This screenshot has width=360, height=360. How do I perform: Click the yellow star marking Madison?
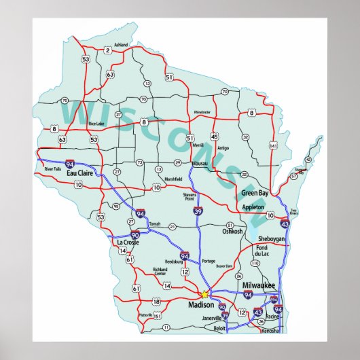(x=204, y=294)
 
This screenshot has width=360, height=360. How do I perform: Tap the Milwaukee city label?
(x=261, y=285)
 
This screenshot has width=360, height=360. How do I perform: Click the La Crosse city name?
(x=127, y=242)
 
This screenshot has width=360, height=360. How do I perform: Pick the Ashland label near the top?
(x=121, y=45)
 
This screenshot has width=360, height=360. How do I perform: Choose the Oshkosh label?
(x=232, y=232)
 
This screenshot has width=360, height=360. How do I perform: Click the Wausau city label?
(x=200, y=164)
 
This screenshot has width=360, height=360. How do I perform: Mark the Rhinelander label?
(x=202, y=111)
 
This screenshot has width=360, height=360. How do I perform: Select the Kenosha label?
(x=270, y=331)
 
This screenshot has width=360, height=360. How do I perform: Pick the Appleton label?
(x=253, y=206)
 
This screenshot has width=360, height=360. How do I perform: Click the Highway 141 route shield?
(x=273, y=145)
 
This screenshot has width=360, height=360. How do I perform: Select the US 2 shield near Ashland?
(x=107, y=50)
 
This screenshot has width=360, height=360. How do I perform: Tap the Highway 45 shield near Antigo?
(x=214, y=135)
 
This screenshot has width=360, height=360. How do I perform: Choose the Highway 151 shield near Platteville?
(x=157, y=316)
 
